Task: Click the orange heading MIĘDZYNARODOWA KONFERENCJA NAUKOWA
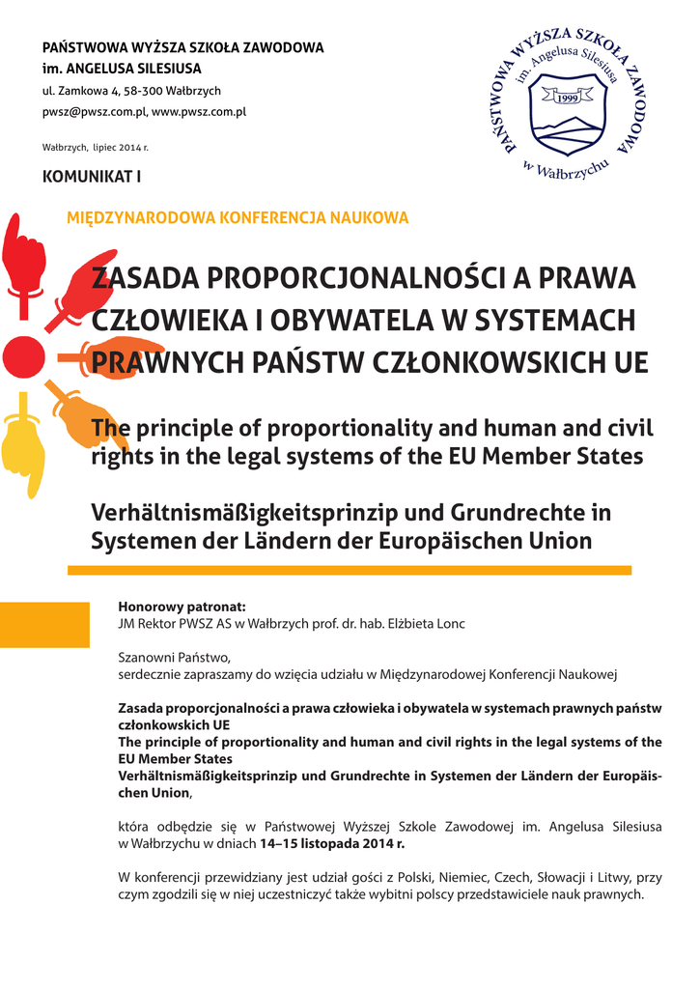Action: click(238, 218)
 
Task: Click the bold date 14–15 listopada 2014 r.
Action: click(332, 842)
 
